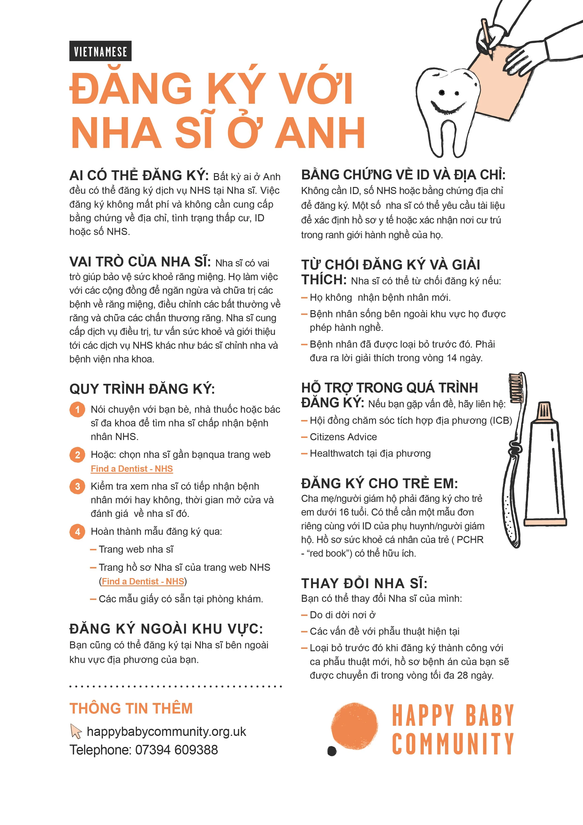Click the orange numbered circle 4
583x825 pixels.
77,531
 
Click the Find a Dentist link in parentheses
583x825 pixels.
143,581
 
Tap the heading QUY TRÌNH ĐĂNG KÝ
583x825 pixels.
142,389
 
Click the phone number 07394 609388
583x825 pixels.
176,750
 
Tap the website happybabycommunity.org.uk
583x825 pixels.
166,732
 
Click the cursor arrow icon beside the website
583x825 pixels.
76,731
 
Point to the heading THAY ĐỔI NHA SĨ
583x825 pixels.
364,583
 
